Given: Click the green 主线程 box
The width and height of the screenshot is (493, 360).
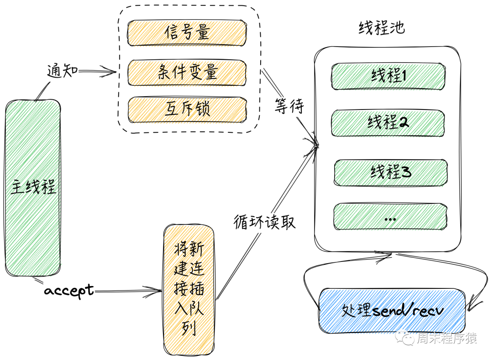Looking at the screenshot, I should (33, 187).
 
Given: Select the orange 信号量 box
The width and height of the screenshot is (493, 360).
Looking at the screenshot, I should (187, 33).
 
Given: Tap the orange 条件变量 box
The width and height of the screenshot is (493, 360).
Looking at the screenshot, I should (187, 72).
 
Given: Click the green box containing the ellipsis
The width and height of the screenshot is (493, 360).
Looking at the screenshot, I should (390, 218).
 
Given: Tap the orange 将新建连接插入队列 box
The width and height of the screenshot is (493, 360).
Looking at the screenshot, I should (189, 290).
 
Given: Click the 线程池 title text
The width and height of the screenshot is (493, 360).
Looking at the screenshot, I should (381, 28).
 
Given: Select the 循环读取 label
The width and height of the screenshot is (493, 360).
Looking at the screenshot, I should (265, 222).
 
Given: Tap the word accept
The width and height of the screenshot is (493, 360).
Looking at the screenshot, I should (68, 290).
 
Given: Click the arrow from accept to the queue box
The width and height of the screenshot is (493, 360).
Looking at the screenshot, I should (128, 290).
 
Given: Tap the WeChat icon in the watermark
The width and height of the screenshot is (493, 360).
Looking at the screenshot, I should (406, 338).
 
